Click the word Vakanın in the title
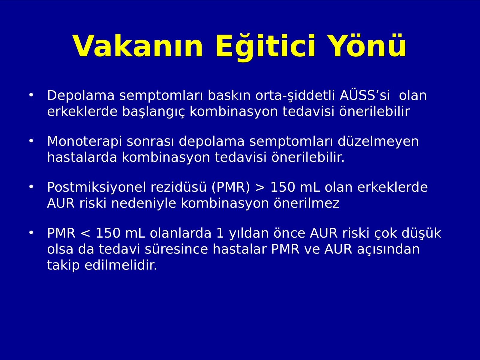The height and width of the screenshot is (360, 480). click(137, 46)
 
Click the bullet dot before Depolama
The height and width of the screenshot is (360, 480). click(31, 95)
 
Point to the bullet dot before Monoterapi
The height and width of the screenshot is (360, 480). click(31, 141)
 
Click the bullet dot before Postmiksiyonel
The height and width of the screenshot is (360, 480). click(31, 187)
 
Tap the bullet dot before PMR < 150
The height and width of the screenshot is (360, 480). click(31, 233)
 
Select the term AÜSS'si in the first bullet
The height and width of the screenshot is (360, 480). click(365, 95)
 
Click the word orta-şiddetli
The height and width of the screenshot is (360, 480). click(295, 96)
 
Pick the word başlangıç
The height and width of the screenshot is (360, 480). click(153, 112)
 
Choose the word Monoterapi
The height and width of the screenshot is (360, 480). click(84, 142)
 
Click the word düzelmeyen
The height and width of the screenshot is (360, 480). click(378, 142)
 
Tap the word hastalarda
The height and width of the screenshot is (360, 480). click(82, 157)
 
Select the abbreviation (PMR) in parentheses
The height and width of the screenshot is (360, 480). click(230, 187)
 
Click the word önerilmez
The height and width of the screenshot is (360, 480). click(307, 203)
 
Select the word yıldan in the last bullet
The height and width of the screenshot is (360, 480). click(249, 233)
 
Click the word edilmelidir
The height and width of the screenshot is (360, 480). click(121, 265)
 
